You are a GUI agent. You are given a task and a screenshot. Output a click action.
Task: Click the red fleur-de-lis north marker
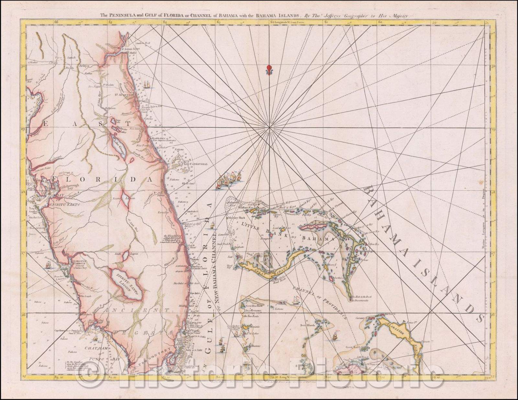(x=268, y=70)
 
